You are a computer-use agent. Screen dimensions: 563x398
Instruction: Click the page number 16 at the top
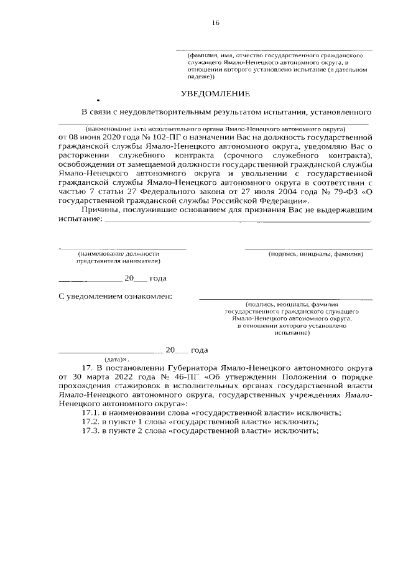(x=215, y=23)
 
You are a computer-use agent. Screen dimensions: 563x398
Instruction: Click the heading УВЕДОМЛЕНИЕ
(x=215, y=94)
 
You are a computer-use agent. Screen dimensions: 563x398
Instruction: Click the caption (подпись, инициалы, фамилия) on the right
(x=315, y=254)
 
